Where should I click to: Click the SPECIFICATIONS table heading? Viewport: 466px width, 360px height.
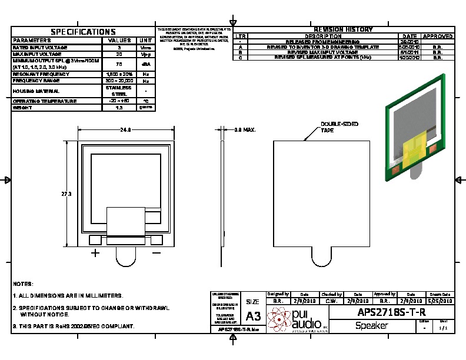83,32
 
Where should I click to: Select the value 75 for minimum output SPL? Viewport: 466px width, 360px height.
119,64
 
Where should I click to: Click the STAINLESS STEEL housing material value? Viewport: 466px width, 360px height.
119,91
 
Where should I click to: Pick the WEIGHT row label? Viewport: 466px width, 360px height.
24,108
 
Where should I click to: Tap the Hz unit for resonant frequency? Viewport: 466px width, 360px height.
145,74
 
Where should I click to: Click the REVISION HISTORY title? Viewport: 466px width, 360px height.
343,29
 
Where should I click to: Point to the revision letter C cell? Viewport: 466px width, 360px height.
240,58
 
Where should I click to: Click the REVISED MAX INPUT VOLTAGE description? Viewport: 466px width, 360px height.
322,52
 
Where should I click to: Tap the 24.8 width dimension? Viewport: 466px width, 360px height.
125,129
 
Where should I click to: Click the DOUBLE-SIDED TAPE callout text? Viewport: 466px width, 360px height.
339,127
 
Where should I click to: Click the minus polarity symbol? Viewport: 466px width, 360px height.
157,253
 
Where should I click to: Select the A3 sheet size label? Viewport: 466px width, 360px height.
253,316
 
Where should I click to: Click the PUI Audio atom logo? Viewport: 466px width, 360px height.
278,318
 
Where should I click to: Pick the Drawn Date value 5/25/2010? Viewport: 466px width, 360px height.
440,301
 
